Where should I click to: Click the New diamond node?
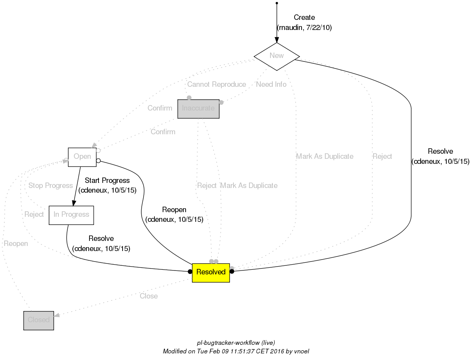click(277, 56)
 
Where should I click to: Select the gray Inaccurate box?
click(198, 109)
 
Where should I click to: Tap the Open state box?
click(82, 157)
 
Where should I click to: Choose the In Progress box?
click(71, 215)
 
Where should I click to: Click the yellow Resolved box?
click(211, 272)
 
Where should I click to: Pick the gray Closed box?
click(39, 320)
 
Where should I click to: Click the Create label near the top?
click(304, 18)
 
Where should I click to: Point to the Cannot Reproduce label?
click(216, 84)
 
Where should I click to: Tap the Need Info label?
click(271, 84)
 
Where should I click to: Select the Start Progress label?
click(107, 181)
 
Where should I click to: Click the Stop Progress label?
click(51, 186)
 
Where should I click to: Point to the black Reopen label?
click(174, 210)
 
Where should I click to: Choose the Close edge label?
click(149, 296)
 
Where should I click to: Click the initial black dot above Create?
click(277, 3)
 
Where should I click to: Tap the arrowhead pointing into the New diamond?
click(277, 40)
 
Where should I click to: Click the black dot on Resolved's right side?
click(232, 272)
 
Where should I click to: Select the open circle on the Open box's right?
click(98, 160)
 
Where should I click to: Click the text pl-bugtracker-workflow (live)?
click(236, 343)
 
